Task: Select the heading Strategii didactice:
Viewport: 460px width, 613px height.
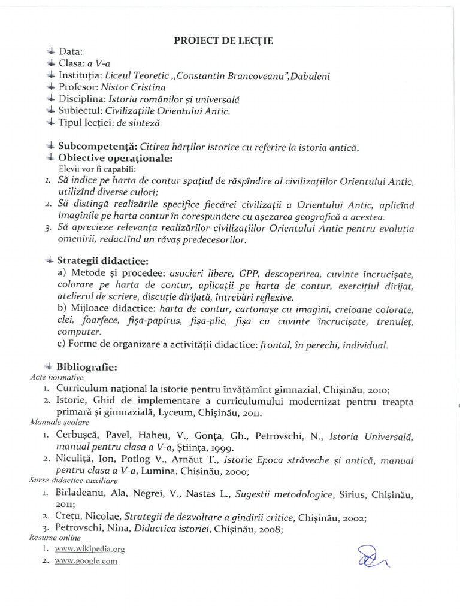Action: [103, 261]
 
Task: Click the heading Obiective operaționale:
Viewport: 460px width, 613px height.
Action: [115, 159]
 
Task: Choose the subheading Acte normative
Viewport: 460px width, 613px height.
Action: [56, 378]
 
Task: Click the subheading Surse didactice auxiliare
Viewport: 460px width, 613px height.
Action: [69, 480]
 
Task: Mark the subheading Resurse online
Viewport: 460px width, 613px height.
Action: [55, 538]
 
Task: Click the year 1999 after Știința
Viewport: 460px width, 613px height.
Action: [222, 447]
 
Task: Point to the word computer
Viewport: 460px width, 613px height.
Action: [78, 332]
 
